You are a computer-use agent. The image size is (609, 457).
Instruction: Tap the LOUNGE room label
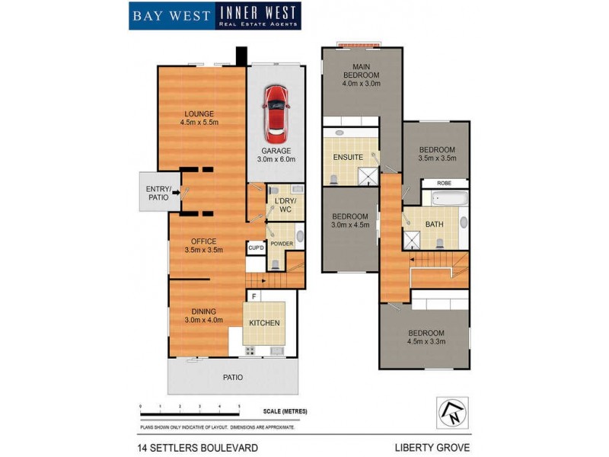(199, 117)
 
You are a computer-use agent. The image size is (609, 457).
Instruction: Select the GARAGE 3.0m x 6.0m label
(275, 155)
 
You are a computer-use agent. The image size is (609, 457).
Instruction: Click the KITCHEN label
(264, 323)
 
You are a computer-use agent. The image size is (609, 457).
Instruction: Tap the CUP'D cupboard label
(255, 248)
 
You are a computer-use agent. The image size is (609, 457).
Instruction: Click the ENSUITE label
(347, 158)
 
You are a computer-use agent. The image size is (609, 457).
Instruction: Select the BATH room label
(434, 224)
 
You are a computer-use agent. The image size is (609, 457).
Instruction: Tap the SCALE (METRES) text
(282, 411)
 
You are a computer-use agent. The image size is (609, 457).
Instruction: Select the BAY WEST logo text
(171, 15)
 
